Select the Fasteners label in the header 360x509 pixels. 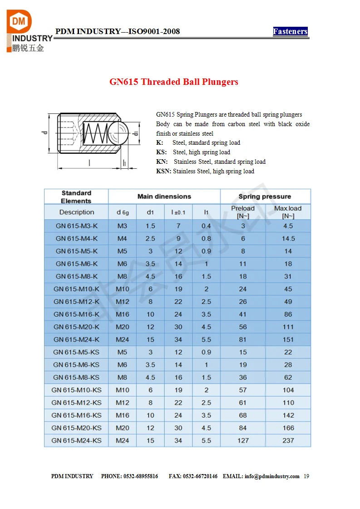click(290, 31)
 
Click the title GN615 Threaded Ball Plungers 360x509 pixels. click(174, 82)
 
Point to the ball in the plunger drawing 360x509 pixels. click(117, 133)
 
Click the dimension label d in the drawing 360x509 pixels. click(44, 132)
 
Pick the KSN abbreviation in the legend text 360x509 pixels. click(163, 171)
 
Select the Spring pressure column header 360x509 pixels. click(265, 196)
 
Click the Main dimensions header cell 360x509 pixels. click(164, 196)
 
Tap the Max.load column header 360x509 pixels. click(288, 212)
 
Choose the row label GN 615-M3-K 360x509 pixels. click(76, 226)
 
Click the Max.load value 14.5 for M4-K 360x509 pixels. click(288, 239)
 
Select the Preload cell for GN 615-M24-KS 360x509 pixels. click(243, 440)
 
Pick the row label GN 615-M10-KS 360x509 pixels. click(76, 390)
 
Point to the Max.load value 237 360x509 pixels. click(288, 440)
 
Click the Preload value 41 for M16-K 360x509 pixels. click(243, 314)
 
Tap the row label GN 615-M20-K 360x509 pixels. click(76, 327)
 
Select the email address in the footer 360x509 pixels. click(272, 476)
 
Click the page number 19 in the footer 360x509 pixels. click(306, 476)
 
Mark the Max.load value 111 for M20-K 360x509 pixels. click(288, 327)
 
